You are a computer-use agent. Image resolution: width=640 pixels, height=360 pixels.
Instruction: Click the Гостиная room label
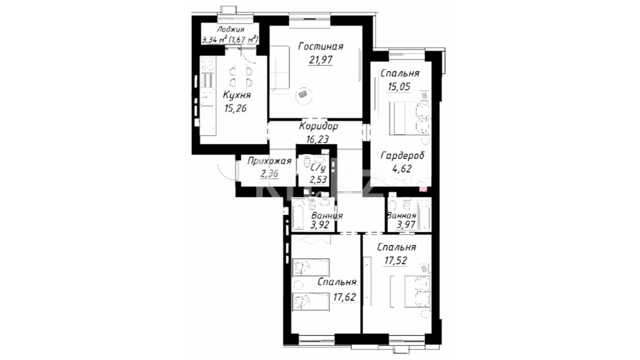pyautogui.click(x=321, y=46)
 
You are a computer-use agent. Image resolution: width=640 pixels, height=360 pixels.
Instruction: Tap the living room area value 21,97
pyautogui.click(x=320, y=60)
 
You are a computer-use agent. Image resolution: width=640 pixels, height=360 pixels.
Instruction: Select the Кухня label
pyautogui.click(x=237, y=95)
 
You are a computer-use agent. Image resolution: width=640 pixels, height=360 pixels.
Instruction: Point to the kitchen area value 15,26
pyautogui.click(x=236, y=108)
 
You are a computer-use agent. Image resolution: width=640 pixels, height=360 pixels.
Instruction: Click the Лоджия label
pyautogui.click(x=230, y=30)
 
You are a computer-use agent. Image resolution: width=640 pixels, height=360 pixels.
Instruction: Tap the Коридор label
pyautogui.click(x=319, y=126)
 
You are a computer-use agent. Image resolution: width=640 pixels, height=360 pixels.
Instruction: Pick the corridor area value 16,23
pyautogui.click(x=317, y=139)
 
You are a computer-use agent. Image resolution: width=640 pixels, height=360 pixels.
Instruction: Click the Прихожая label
pyautogui.click(x=269, y=161)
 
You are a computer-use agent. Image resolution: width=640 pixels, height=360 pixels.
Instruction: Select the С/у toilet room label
pyautogui.click(x=318, y=167)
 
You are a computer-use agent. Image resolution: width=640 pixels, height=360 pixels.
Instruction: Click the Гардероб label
pyautogui.click(x=403, y=155)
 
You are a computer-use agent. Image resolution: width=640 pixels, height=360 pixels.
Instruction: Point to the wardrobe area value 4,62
pyautogui.click(x=402, y=169)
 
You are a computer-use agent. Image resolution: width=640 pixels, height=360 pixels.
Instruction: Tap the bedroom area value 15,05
pyautogui.click(x=399, y=87)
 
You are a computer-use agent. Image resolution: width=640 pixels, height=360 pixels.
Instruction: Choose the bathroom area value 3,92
pyautogui.click(x=320, y=225)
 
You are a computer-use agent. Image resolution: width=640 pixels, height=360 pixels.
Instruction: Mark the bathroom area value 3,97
pyautogui.click(x=406, y=224)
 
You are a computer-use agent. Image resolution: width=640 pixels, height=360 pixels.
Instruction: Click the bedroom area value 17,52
pyautogui.click(x=396, y=260)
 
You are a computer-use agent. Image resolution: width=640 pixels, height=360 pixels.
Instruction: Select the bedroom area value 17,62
pyautogui.click(x=344, y=297)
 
